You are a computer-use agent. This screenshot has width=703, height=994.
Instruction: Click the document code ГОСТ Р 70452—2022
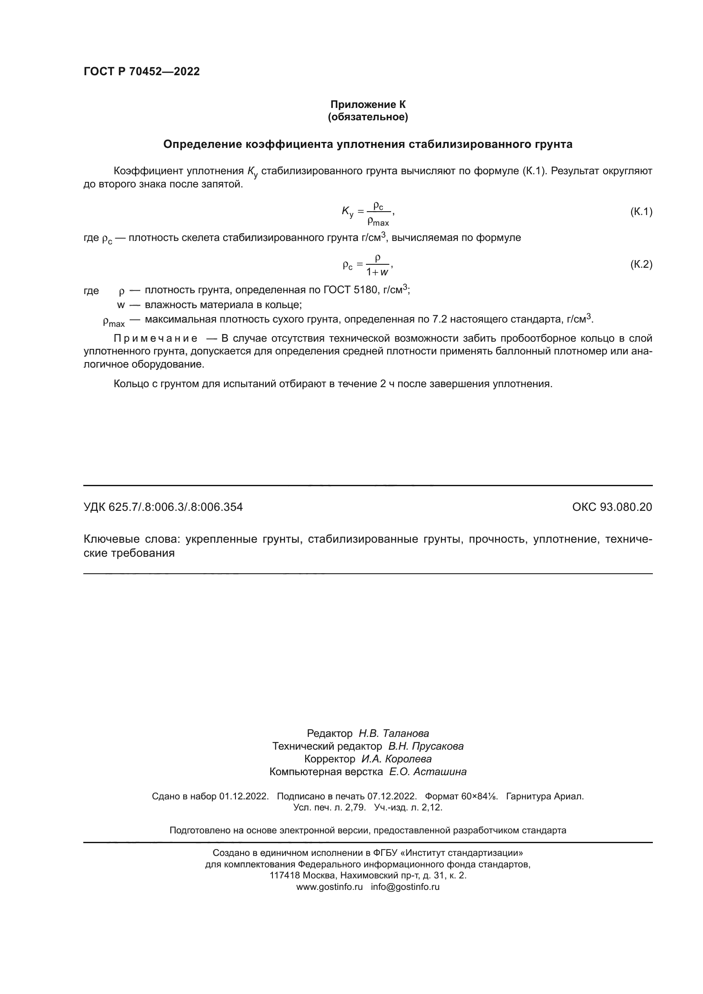(142, 71)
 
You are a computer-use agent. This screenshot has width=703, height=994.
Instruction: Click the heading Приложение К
(368, 105)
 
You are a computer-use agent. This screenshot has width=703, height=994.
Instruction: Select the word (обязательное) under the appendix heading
(368, 117)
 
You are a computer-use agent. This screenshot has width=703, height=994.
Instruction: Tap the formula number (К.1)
(641, 212)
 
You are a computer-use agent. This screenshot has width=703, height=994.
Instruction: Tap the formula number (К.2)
(641, 264)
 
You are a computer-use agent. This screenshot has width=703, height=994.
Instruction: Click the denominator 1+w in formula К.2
(377, 272)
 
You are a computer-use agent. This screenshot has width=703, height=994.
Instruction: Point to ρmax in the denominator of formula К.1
(378, 222)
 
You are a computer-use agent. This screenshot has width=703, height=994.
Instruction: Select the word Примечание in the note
(156, 338)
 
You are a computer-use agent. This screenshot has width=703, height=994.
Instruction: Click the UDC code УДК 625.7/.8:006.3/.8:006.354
(163, 507)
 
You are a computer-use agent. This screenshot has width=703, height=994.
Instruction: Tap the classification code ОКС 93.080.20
(612, 507)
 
